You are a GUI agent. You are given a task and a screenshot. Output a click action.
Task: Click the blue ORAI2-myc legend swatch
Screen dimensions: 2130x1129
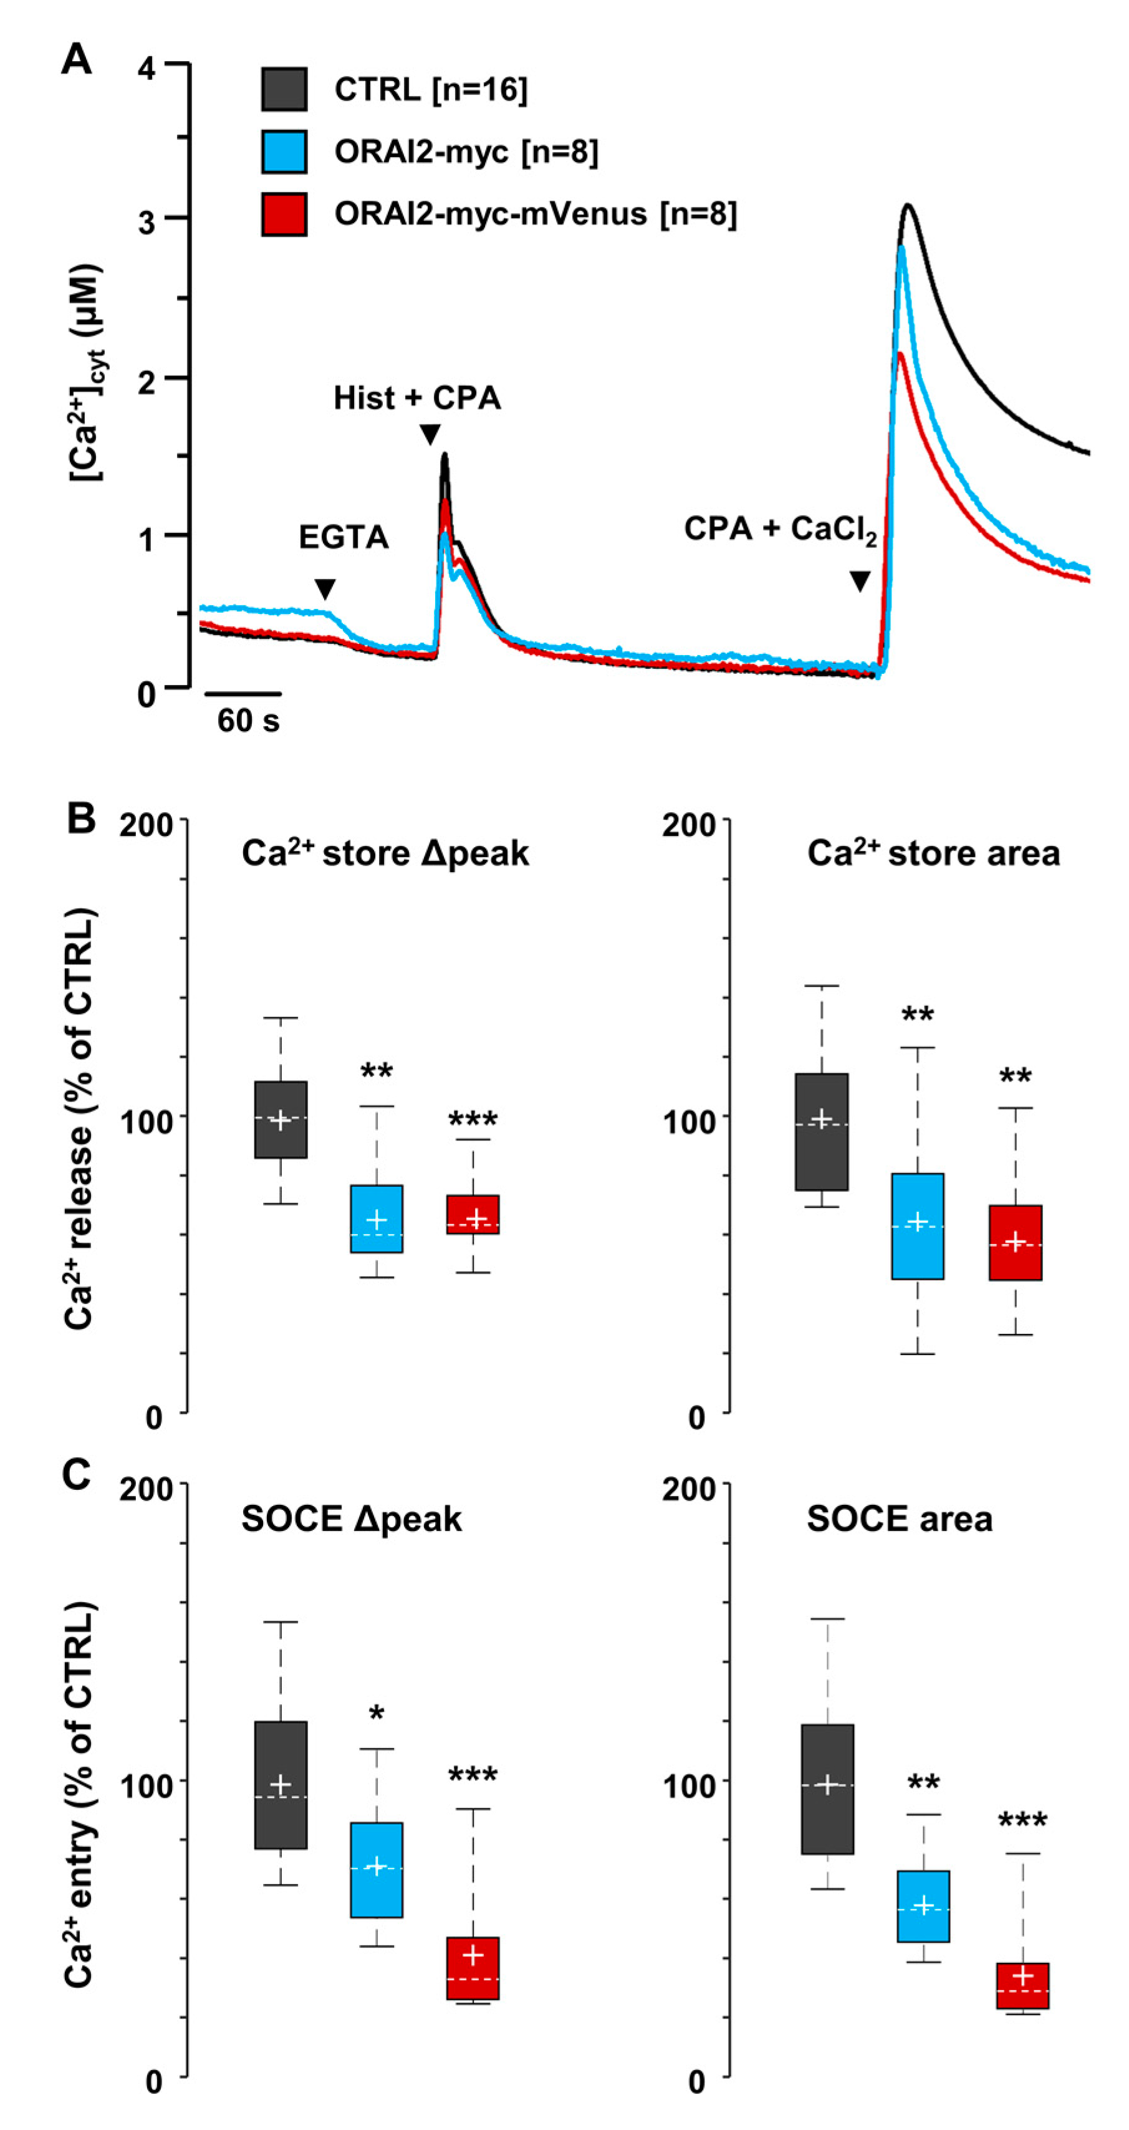[x=284, y=151]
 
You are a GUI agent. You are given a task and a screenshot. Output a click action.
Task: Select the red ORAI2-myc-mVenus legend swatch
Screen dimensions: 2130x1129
[x=284, y=214]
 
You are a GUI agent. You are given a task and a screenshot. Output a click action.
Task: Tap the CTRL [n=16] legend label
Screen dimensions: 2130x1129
[x=430, y=89]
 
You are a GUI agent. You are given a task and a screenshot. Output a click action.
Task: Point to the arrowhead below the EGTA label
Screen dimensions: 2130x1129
[x=325, y=588]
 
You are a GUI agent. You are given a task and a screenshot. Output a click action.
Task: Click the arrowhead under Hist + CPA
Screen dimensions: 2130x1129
[x=430, y=434]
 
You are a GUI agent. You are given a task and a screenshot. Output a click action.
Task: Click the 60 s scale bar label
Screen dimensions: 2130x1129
[x=248, y=721]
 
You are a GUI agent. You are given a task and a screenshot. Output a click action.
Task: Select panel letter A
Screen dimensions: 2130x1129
[x=76, y=60]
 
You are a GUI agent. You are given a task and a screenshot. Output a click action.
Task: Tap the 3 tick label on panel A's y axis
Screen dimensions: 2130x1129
[x=147, y=221]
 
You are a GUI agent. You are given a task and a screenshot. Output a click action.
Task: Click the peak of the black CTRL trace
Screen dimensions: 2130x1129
[x=908, y=205]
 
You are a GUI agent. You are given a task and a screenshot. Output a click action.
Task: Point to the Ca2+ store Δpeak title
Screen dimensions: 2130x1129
[x=385, y=853]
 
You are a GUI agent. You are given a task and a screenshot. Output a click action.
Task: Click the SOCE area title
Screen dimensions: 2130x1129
[x=899, y=1520]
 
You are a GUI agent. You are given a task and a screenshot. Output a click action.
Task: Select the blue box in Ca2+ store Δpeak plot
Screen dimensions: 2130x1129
[x=377, y=1219]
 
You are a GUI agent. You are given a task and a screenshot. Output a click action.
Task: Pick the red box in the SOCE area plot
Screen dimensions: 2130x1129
[x=1022, y=1985]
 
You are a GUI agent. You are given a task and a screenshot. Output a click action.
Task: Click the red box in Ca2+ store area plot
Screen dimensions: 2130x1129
[x=1015, y=1242]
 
